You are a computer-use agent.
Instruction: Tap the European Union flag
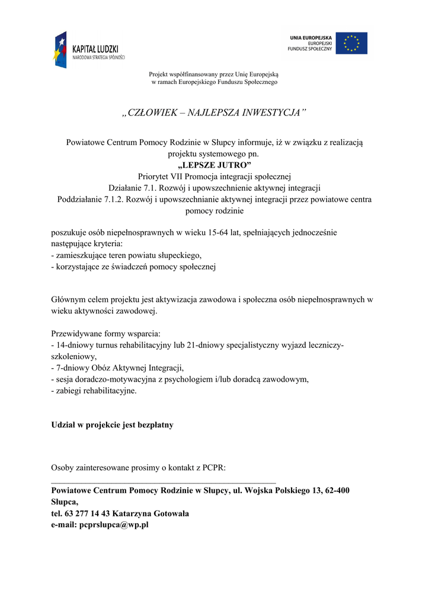tap(351, 43)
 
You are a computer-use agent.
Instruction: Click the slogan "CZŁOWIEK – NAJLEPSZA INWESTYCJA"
tap(214, 112)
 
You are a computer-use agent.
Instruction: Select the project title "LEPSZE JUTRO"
tap(214, 165)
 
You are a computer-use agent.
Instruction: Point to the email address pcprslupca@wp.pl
tap(114, 525)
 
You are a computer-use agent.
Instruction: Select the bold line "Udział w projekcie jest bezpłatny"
tap(113, 425)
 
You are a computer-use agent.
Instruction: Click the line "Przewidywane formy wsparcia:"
tap(106, 334)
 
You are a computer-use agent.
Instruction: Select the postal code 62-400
tap(338, 491)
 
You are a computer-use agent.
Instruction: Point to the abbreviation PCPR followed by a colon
tap(214, 468)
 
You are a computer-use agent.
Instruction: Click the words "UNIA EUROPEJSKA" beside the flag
tap(311, 38)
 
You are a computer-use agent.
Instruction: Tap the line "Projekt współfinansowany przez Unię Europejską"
tap(213, 74)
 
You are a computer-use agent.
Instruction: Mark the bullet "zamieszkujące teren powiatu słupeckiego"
tap(126, 256)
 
